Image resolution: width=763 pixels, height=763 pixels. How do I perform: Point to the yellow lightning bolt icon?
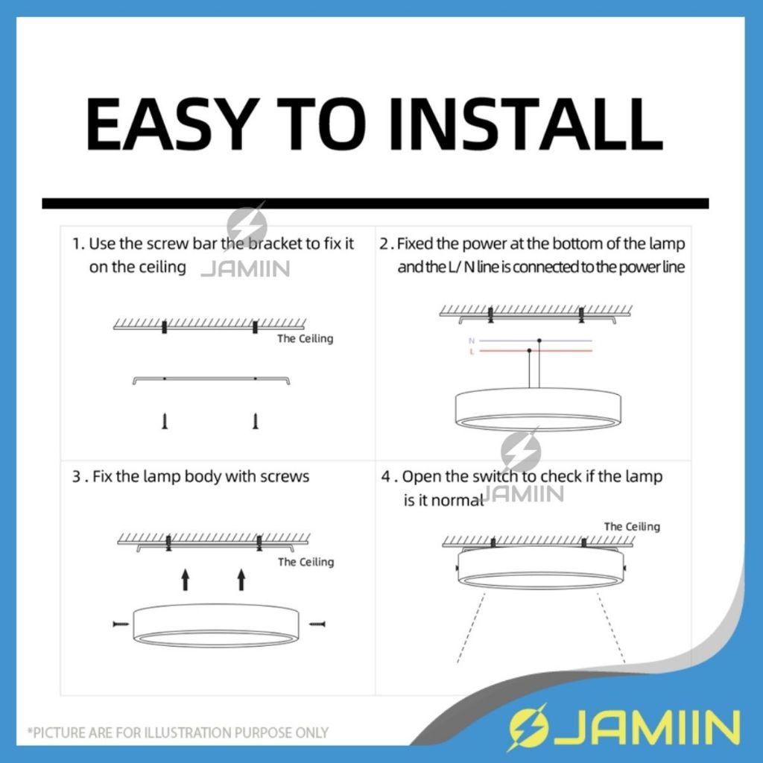click(x=527, y=728)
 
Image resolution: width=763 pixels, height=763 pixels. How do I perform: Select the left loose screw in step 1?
click(x=165, y=422)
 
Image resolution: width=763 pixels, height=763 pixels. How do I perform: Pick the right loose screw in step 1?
click(x=256, y=422)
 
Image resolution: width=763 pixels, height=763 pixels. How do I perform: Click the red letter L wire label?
click(x=472, y=352)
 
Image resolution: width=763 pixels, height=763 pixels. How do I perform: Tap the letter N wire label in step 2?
click(x=472, y=341)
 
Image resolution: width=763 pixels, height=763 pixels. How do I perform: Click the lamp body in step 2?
click(x=538, y=409)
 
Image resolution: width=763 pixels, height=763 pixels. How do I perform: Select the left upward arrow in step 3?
click(x=185, y=580)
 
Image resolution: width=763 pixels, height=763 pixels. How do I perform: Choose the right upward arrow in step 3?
click(x=241, y=580)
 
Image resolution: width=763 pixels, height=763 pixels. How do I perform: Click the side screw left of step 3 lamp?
click(x=121, y=624)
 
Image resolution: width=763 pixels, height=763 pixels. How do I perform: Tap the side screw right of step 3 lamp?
click(x=317, y=624)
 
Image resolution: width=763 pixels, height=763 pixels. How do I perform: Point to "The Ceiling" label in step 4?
click(x=632, y=527)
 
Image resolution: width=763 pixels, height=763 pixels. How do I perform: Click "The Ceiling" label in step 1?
click(x=305, y=339)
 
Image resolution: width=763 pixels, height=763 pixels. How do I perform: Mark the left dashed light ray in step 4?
click(x=471, y=627)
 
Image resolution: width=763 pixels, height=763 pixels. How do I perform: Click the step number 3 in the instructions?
click(x=77, y=476)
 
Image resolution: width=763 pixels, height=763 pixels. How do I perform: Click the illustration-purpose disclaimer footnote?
click(x=178, y=732)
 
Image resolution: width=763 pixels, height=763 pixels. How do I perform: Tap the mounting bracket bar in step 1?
click(x=211, y=379)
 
